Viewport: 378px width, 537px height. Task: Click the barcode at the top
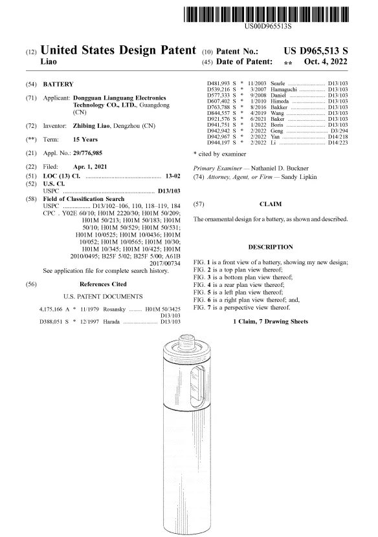point(266,14)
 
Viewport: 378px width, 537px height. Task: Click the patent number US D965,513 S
point(316,51)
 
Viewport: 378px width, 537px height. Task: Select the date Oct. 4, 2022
point(326,61)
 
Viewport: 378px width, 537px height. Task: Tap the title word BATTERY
point(58,84)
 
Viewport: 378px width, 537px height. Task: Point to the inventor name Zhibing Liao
point(91,126)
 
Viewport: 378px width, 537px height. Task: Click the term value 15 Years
point(85,140)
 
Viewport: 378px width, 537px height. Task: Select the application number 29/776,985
point(87,153)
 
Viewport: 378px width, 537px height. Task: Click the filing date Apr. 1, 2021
point(90,167)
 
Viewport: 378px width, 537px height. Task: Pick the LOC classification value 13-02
point(173,176)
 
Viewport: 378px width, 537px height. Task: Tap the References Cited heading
point(103,284)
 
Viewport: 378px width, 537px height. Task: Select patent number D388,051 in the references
point(51,322)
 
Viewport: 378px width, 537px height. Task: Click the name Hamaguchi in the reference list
point(283,89)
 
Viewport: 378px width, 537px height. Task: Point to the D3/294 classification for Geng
point(339,131)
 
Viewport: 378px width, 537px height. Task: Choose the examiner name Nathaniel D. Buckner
point(280,168)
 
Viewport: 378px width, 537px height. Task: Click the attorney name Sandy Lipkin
point(299,177)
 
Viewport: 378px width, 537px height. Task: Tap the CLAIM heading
point(271,204)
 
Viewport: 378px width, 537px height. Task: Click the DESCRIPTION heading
point(271,247)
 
